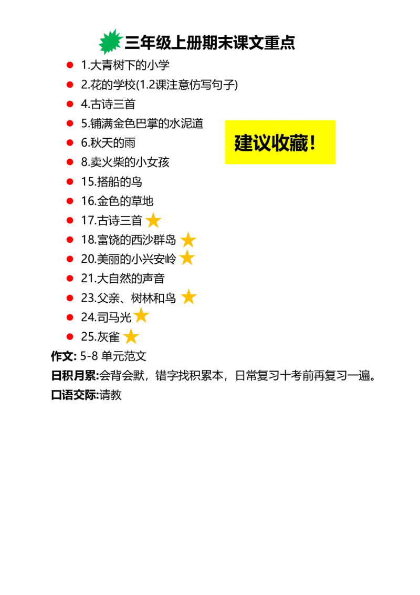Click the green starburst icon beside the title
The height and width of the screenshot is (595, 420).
(x=111, y=42)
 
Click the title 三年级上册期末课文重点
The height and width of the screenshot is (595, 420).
(x=209, y=43)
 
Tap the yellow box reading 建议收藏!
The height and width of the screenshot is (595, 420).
(x=280, y=142)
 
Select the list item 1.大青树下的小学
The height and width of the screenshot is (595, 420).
(x=125, y=65)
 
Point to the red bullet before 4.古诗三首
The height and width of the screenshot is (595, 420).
(x=70, y=104)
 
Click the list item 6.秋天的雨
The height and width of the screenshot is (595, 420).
(x=108, y=142)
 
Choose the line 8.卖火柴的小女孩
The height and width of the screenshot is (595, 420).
(x=125, y=162)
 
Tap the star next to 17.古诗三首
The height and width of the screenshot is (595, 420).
(x=153, y=220)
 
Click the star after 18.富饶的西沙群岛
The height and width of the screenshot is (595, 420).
(x=188, y=240)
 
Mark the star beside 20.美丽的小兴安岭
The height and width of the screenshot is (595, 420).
(x=187, y=258)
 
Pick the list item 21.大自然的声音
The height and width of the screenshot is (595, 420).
(x=123, y=279)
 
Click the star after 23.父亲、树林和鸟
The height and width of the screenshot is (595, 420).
(x=188, y=297)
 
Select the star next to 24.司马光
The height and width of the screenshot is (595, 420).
(x=141, y=315)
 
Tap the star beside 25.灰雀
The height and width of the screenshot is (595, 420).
(x=131, y=336)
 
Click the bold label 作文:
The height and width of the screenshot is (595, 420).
(x=64, y=356)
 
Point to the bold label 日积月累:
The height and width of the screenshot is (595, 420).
(x=75, y=376)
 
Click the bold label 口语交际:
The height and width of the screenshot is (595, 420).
(x=75, y=395)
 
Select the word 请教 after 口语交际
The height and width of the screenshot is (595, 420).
(x=111, y=395)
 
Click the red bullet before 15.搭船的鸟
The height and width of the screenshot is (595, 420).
(x=70, y=182)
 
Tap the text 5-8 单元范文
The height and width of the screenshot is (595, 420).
(x=113, y=356)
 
